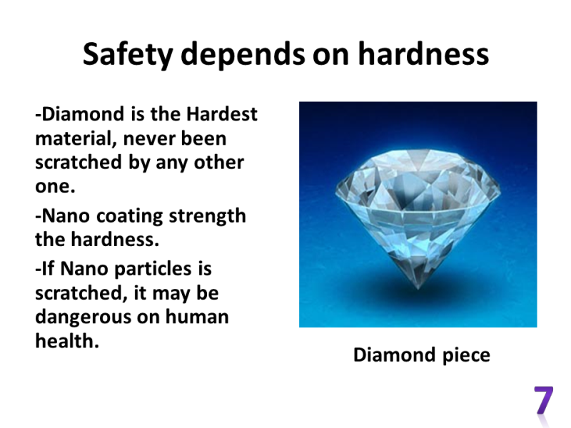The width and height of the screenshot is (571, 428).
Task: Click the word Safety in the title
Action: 128,55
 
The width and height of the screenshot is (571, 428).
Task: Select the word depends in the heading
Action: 243,54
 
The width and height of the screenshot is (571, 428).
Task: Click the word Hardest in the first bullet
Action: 222,114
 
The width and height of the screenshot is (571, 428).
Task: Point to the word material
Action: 76,138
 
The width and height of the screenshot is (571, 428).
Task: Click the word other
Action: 218,163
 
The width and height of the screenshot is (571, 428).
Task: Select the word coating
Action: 129,217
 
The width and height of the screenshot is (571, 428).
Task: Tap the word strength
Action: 207,217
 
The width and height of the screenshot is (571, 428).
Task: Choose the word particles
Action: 153,270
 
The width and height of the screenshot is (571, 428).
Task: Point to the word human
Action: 197,317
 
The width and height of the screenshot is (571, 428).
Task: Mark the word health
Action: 67,341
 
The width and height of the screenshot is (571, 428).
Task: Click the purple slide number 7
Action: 543,399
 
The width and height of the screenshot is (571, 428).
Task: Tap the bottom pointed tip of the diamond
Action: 418,289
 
